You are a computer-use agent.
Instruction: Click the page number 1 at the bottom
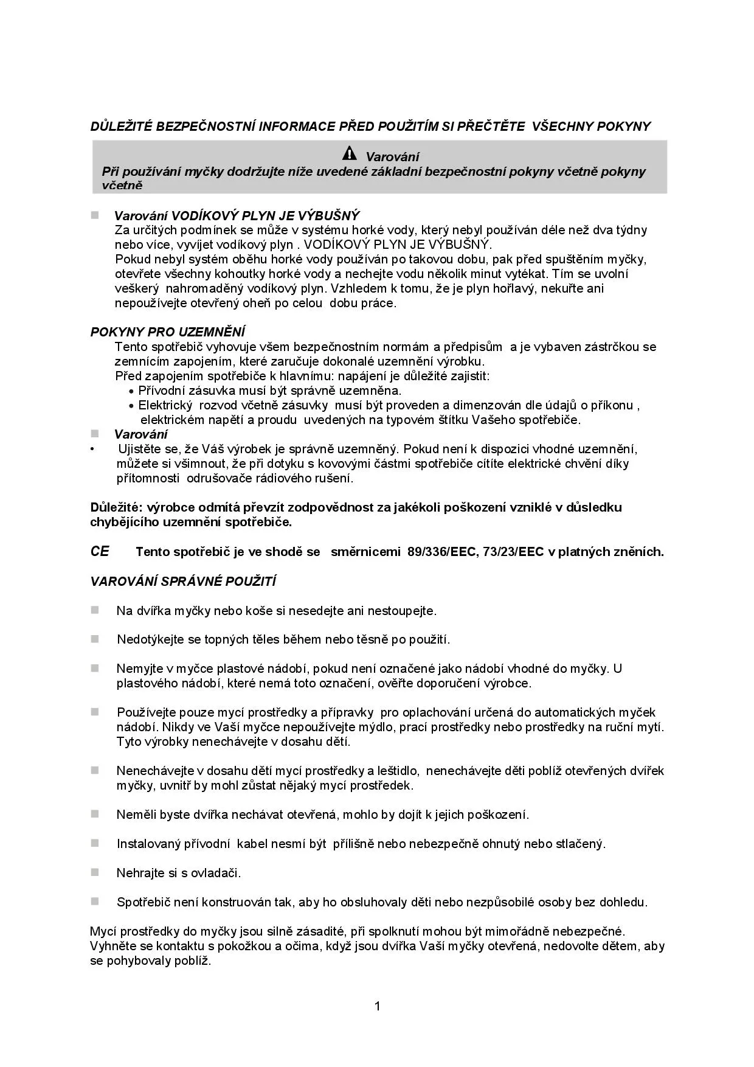point(377,1006)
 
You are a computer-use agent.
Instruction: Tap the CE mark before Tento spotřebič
point(100,551)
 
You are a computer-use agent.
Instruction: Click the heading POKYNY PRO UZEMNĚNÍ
point(168,332)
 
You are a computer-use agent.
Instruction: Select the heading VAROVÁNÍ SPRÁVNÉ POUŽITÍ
point(183,582)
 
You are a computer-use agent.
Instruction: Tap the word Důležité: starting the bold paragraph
point(117,507)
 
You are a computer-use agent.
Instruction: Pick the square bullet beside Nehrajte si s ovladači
point(95,872)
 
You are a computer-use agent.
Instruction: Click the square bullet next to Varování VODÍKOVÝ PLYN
point(95,215)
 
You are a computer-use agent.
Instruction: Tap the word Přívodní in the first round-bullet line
point(161,391)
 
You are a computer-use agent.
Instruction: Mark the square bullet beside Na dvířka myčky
point(95,610)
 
